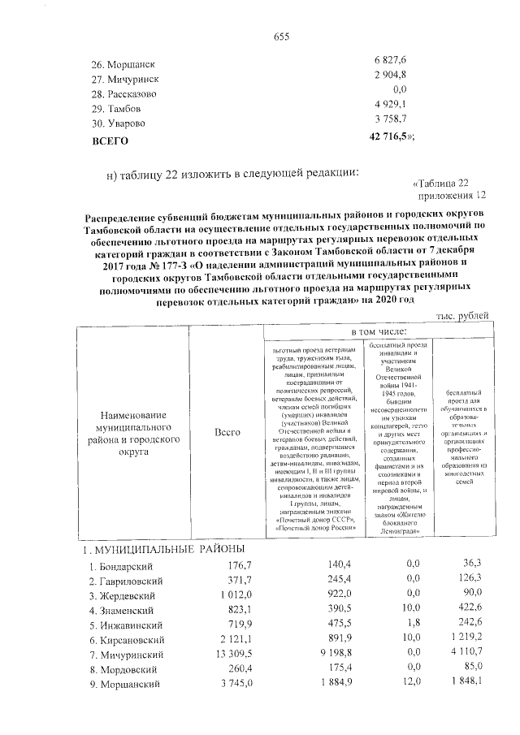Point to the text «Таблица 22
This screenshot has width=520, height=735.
[x=441, y=183]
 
